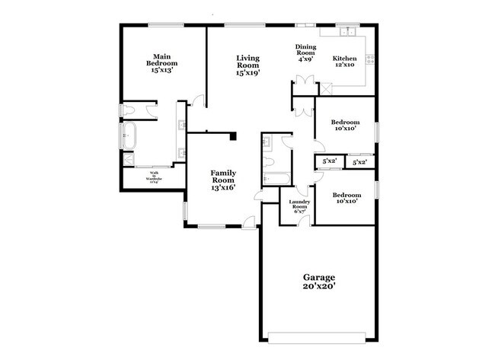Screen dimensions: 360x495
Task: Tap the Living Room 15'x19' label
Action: coord(248,66)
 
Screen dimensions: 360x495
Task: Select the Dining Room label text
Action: coord(306,53)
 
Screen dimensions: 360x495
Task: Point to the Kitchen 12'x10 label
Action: coord(344,62)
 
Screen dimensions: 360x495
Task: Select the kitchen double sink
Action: coord(349,32)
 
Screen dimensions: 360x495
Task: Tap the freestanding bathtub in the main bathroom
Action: coord(129,135)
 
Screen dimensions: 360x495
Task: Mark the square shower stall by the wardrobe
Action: coord(129,159)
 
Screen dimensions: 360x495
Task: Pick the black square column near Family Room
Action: coord(234,136)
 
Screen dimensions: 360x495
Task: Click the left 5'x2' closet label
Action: coord(329,162)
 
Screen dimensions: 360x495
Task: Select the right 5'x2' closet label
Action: coord(359,162)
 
